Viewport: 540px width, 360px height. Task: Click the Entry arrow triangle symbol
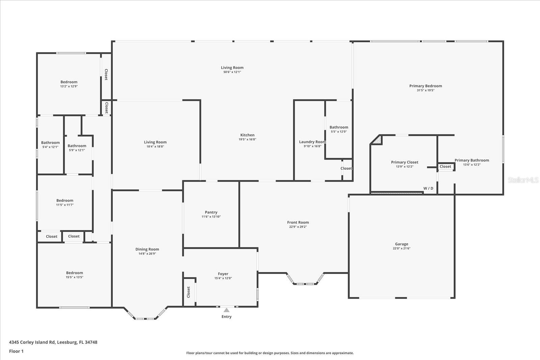[x=226, y=310]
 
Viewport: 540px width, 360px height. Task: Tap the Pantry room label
[x=211, y=212]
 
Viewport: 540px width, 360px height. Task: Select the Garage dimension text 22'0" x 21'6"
[x=402, y=248]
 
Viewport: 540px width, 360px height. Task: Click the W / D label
[x=428, y=188]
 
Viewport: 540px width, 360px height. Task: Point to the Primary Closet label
[x=404, y=162]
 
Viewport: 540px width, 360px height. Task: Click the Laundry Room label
[x=312, y=142]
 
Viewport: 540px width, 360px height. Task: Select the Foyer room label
[x=223, y=274]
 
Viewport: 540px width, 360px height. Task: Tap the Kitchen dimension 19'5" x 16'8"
[x=247, y=139]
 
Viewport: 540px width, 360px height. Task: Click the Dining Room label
[x=147, y=249]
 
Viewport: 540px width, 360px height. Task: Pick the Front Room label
[x=298, y=222]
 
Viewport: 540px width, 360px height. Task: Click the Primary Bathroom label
[x=471, y=160]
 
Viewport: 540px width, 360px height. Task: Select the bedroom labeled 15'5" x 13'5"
[x=74, y=273]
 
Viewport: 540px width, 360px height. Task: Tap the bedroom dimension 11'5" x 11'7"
[x=65, y=205]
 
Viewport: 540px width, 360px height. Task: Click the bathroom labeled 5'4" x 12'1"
[x=50, y=143]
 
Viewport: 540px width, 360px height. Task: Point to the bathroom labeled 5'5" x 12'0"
[x=339, y=127]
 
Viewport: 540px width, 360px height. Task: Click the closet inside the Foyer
[x=189, y=292]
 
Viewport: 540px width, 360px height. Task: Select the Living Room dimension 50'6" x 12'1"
[x=232, y=72]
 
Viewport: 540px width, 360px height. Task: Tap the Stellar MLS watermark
[x=523, y=180]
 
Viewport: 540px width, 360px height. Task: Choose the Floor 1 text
[x=16, y=351]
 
